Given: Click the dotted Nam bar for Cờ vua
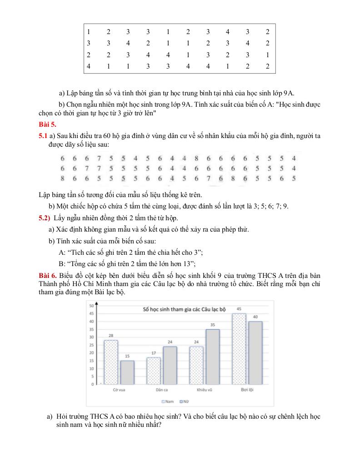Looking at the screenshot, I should tap(111, 362).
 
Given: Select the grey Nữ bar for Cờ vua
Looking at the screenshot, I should tap(127, 372).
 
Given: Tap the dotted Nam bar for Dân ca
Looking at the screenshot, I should tap(153, 371).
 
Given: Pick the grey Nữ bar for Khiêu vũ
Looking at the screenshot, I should tap(212, 357).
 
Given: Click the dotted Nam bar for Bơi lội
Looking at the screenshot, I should tap(239, 349).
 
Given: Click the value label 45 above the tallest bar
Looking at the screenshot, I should tap(239, 309).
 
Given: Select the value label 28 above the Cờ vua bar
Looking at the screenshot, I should tap(111, 336).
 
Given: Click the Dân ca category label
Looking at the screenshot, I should tap(161, 390).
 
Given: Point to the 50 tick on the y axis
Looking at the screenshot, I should tap(91, 306).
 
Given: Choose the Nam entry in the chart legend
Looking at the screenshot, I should tap(168, 401).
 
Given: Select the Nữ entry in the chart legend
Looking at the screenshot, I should tap(184, 401).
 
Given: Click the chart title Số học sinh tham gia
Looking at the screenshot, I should tap(184, 309).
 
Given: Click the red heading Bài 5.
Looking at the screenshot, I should tap(47, 124).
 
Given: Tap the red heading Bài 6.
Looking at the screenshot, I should tap(47, 276).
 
